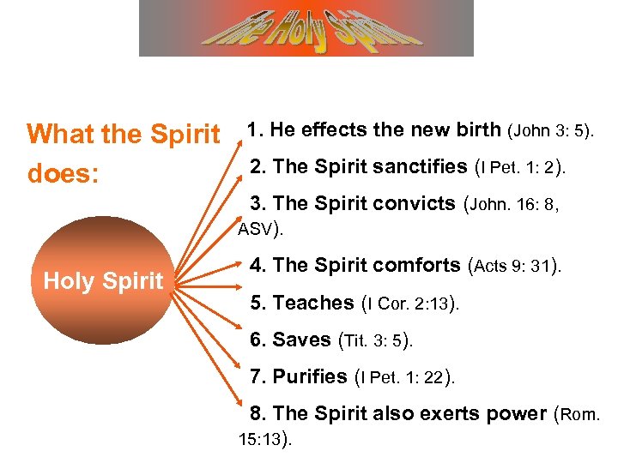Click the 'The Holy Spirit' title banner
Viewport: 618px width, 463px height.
tap(306, 28)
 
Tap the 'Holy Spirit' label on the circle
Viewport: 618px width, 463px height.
tap(104, 280)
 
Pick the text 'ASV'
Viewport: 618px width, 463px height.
tap(255, 229)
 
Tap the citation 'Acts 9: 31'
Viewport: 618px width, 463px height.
tap(512, 266)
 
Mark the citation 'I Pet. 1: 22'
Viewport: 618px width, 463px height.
tap(403, 376)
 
